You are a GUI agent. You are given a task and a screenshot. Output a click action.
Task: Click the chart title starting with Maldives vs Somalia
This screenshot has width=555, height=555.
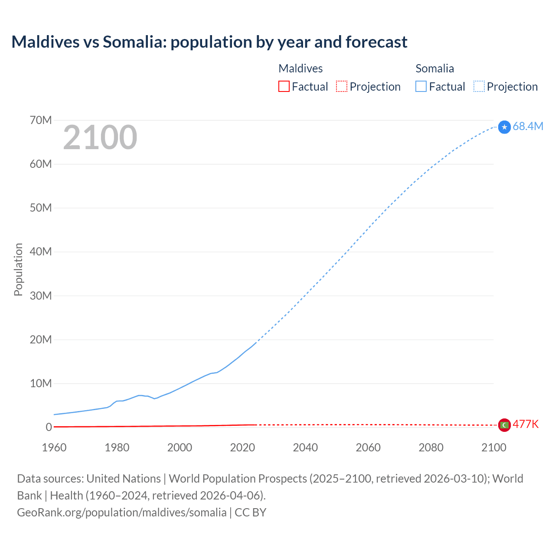click(209, 42)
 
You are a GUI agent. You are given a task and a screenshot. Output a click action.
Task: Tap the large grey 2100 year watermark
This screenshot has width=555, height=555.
click(100, 137)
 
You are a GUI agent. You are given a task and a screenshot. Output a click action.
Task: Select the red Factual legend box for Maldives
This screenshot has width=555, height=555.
click(284, 86)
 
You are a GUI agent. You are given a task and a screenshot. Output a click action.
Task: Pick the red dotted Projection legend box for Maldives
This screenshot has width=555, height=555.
click(342, 86)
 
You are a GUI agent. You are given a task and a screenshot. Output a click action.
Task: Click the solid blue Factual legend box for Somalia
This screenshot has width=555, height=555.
click(421, 86)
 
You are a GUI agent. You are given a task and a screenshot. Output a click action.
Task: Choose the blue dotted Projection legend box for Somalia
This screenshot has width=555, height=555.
click(479, 86)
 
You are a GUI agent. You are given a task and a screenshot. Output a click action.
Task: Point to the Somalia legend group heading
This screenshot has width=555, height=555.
click(434, 69)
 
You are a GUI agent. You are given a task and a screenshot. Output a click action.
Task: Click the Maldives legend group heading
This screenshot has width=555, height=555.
click(300, 69)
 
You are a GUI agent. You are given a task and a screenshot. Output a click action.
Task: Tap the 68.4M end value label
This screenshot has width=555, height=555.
click(528, 126)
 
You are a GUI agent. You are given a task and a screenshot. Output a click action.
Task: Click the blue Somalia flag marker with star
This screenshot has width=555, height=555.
click(504, 127)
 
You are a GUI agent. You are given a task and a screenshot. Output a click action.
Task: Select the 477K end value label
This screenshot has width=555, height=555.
click(526, 424)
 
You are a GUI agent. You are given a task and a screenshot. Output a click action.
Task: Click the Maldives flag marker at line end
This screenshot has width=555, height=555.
click(504, 425)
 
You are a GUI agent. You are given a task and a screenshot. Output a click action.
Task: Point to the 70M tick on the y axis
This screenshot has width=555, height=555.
click(41, 120)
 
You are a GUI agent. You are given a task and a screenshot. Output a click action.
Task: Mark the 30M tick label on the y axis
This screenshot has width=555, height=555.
click(41, 296)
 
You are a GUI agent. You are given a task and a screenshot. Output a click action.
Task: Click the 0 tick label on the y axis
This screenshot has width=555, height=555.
click(49, 427)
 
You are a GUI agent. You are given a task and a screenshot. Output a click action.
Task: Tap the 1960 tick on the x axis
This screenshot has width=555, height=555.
click(54, 447)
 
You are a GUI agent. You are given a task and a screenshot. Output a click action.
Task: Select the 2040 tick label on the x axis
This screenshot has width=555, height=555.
click(305, 447)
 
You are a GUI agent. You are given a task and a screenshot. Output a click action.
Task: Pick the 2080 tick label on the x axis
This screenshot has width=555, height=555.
click(431, 447)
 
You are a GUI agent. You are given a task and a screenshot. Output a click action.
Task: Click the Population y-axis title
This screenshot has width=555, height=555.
click(18, 269)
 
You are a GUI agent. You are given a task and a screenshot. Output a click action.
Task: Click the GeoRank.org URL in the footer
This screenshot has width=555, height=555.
click(122, 512)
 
